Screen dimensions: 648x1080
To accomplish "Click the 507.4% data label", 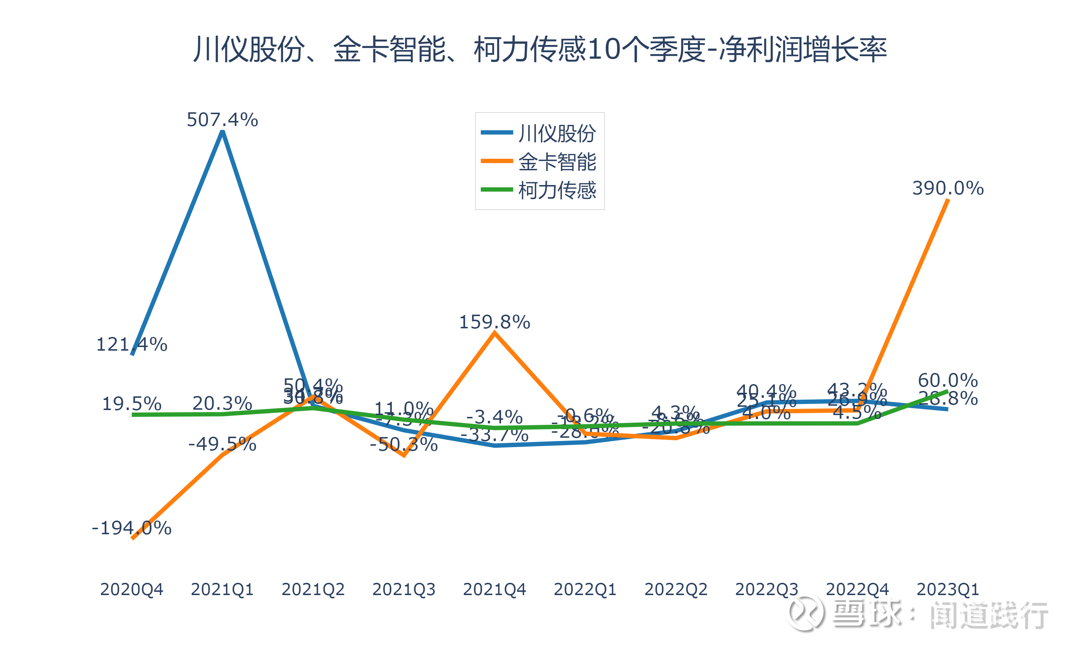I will [x=222, y=120].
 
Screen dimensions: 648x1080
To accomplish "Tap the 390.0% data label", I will [x=948, y=188].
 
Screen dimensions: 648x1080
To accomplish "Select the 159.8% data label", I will [x=494, y=322].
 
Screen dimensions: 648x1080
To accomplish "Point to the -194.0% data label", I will [x=131, y=528].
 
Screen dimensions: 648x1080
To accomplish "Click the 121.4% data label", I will [x=131, y=345].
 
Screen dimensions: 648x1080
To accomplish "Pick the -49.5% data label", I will [x=222, y=444].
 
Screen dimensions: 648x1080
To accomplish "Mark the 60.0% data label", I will [x=948, y=380].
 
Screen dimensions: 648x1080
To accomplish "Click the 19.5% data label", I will [x=131, y=404].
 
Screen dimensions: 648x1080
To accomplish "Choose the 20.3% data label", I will [x=222, y=403].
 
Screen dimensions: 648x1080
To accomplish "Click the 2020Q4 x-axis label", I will [x=131, y=589].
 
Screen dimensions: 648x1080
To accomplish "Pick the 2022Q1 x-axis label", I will [x=585, y=589].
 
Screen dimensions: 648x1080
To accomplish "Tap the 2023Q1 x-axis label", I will [x=948, y=589].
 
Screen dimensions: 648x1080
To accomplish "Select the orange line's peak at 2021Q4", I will [x=494, y=333].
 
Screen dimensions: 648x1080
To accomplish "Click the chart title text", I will [x=540, y=49].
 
